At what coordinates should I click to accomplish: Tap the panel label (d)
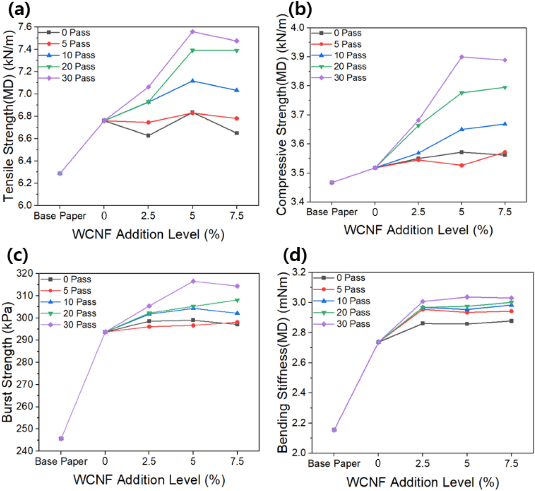pyautogui.click(x=295, y=256)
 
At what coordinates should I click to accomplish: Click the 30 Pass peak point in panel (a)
pyautogui.click(x=193, y=32)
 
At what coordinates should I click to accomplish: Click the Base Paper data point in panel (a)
pyautogui.click(x=60, y=173)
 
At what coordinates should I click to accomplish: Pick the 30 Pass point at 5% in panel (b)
pyautogui.click(x=461, y=57)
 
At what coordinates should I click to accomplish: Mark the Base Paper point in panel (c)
pyautogui.click(x=61, y=438)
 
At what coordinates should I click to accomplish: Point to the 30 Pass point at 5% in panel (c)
pyautogui.click(x=193, y=281)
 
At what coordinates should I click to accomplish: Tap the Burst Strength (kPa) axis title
pyautogui.click(x=8, y=362)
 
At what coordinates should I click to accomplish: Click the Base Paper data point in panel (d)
pyautogui.click(x=334, y=429)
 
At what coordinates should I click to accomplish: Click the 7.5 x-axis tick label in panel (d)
pyautogui.click(x=511, y=464)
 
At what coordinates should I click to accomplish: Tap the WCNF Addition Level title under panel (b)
pyautogui.click(x=418, y=230)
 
